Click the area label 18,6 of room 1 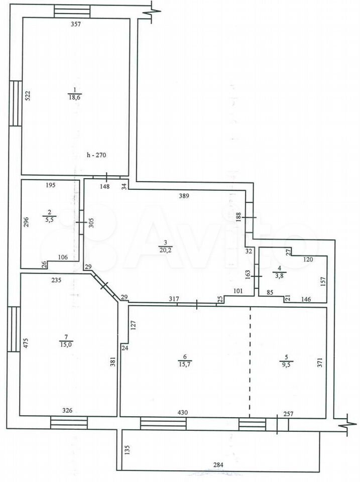coord(75,97)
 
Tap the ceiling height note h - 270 coord(96,155)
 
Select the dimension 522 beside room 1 coord(27,96)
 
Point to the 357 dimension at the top coord(76,24)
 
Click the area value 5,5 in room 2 coord(49,220)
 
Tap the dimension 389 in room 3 coord(184,195)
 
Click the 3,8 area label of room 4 coord(279,276)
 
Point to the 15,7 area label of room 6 coord(184,365)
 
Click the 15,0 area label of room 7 coord(66,344)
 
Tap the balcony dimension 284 coord(218,464)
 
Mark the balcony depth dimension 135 coord(128,450)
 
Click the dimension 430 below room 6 coord(183,412)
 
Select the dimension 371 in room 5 coord(320,363)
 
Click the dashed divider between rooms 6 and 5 coord(250,362)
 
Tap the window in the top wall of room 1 coord(72,12)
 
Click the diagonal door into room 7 coord(104,286)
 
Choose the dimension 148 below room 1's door coord(105,186)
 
